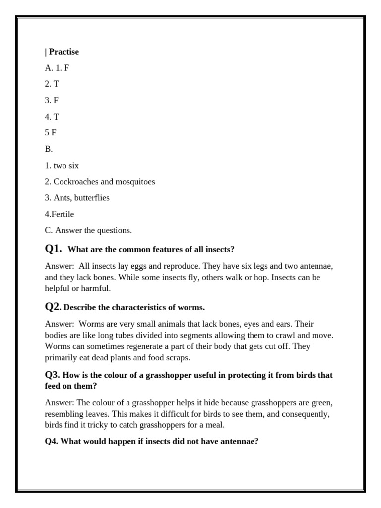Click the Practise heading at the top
coord(63,52)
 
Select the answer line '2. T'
coord(52,84)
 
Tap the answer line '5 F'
coord(50,133)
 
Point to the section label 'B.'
coord(49,149)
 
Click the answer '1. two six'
coord(62,166)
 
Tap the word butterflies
coord(93,198)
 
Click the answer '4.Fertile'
coord(60,214)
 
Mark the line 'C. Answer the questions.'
coord(88,230)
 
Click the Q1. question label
coord(53,249)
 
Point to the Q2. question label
coord(53,307)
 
